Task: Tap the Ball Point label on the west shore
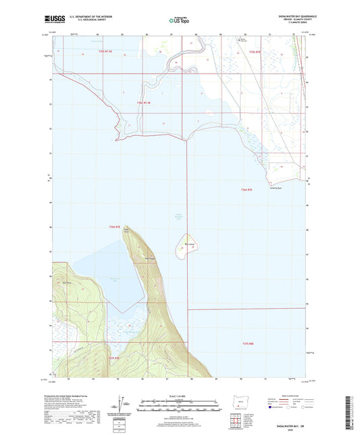[66, 273]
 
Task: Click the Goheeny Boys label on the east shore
[277, 188]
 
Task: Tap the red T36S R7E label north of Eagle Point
[117, 227]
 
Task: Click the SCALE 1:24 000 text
[180, 395]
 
